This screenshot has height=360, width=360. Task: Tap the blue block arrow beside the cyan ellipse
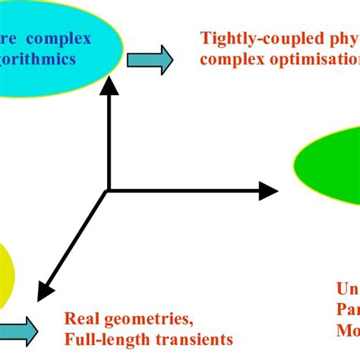pyautogui.click(x=150, y=59)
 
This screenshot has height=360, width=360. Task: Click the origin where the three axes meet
pyautogui.click(x=108, y=190)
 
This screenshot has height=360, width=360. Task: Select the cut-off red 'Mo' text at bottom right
pyautogui.click(x=347, y=330)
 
